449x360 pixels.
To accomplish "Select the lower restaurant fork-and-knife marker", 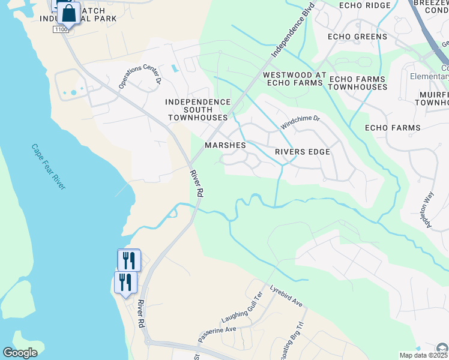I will (125, 282).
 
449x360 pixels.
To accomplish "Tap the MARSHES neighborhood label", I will (225, 145).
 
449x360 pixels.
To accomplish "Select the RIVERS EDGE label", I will (303, 152).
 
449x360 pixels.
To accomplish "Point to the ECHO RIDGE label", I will (364, 5).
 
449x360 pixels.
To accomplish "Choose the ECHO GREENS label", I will (358, 37).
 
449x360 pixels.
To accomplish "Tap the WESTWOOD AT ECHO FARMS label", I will (294, 79).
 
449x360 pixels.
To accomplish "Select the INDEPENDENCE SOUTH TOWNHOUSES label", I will (198, 110).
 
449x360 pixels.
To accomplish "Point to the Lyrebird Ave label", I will (286, 295).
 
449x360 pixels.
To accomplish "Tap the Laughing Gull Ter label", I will (242, 306).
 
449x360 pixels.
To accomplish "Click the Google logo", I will (20, 353).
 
